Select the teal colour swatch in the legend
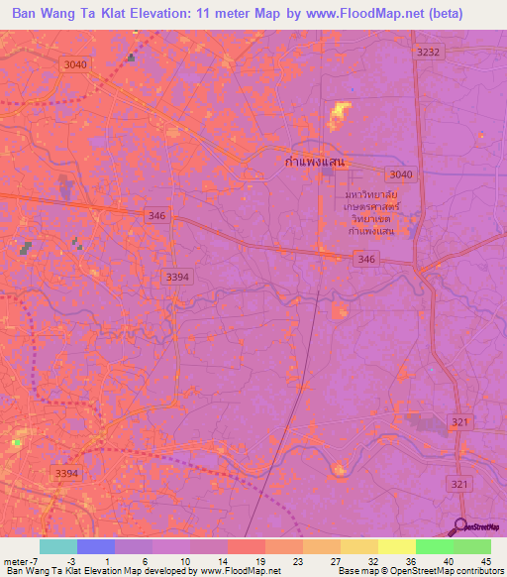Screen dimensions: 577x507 [x=58, y=546]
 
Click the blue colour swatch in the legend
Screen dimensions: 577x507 [x=96, y=546]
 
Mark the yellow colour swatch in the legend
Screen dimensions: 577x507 [x=397, y=546]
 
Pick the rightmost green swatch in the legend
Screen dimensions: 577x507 [x=472, y=546]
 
